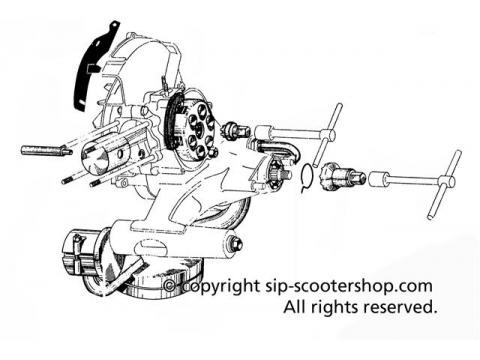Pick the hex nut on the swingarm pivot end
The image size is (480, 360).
point(234,244)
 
